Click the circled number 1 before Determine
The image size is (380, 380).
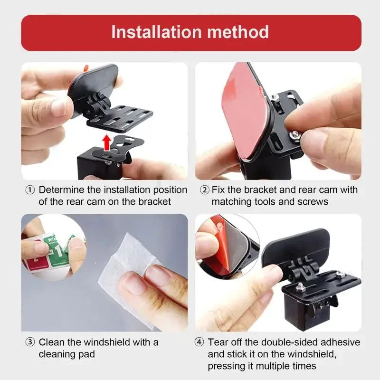point(30,190)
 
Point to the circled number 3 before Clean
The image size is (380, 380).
point(30,342)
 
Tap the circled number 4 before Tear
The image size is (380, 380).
point(200,342)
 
